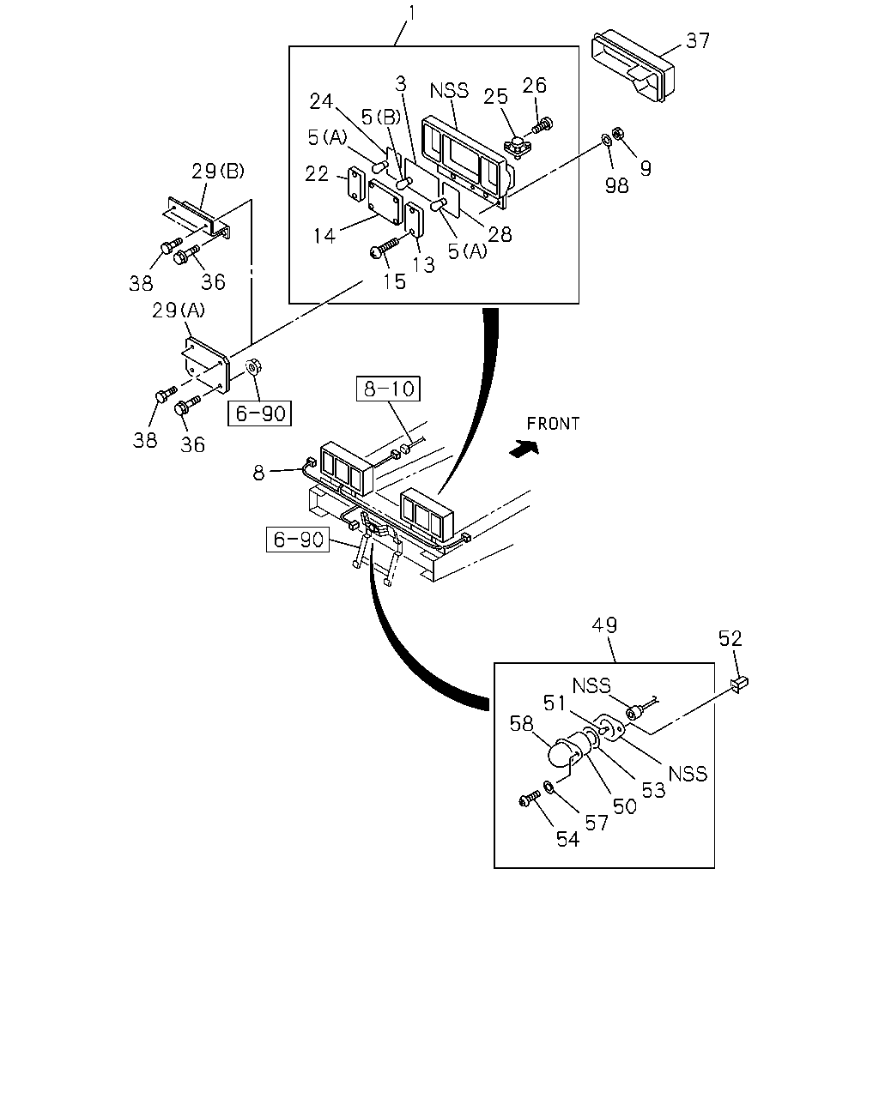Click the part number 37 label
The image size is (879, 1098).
(697, 40)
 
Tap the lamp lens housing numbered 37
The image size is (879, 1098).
(633, 66)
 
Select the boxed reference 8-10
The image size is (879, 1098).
(388, 389)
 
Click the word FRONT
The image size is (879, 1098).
(553, 424)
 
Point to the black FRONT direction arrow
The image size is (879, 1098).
(524, 448)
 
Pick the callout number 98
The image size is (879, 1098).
(616, 185)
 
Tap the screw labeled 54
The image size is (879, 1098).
(530, 799)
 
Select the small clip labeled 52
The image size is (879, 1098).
(740, 684)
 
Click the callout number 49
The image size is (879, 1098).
(604, 625)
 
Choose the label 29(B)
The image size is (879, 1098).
(218, 171)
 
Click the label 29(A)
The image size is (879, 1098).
(179, 310)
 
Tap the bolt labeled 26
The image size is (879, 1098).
(543, 124)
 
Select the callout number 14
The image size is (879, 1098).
(324, 236)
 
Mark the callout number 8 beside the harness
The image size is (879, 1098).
(259, 473)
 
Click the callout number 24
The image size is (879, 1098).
(321, 101)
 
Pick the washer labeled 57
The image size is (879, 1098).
(548, 787)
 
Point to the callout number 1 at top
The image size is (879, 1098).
(412, 13)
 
